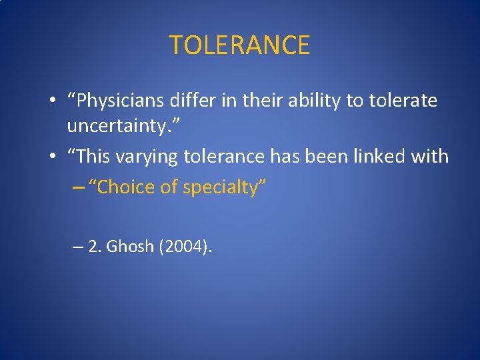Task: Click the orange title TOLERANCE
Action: tap(239, 45)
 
